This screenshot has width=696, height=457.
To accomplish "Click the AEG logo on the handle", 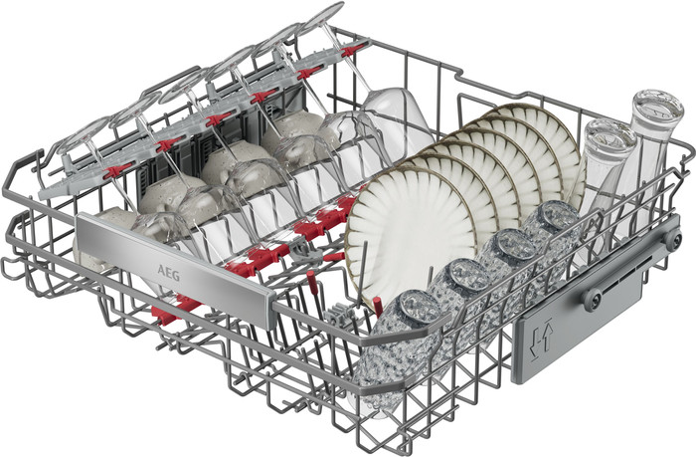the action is [169, 273].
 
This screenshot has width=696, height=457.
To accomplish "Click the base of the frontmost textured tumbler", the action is [419, 308].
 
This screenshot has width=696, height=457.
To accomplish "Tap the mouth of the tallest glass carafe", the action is [657, 107].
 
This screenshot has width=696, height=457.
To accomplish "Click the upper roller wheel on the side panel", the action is [672, 239].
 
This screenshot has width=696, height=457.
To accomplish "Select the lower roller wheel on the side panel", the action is [593, 299].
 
